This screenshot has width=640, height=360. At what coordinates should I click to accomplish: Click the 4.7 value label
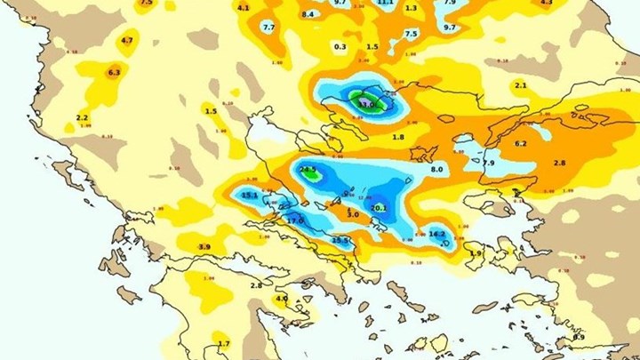[127, 40]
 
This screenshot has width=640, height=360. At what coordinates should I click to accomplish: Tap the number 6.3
[114, 72]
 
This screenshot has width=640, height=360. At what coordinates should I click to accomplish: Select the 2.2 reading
[83, 117]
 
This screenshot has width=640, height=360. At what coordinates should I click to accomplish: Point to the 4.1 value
[244, 7]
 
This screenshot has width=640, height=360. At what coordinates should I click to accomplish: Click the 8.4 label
[308, 14]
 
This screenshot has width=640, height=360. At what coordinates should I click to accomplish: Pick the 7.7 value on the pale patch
[268, 28]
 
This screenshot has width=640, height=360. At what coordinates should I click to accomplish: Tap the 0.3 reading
[340, 46]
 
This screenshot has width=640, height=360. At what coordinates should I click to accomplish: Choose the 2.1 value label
[521, 84]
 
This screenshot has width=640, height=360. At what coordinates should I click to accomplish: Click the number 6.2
[521, 143]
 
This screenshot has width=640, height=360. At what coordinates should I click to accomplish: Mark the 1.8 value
[398, 137]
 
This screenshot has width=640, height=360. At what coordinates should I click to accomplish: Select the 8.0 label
[436, 169]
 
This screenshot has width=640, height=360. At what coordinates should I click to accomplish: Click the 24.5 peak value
[308, 169]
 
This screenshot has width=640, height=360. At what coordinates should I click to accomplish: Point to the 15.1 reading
[250, 195]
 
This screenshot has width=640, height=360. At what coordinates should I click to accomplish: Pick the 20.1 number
[379, 208]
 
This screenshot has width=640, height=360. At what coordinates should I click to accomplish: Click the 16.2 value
[437, 234]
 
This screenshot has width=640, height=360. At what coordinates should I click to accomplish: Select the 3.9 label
[204, 246]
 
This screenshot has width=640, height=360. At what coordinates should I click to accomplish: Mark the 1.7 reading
[223, 343]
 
